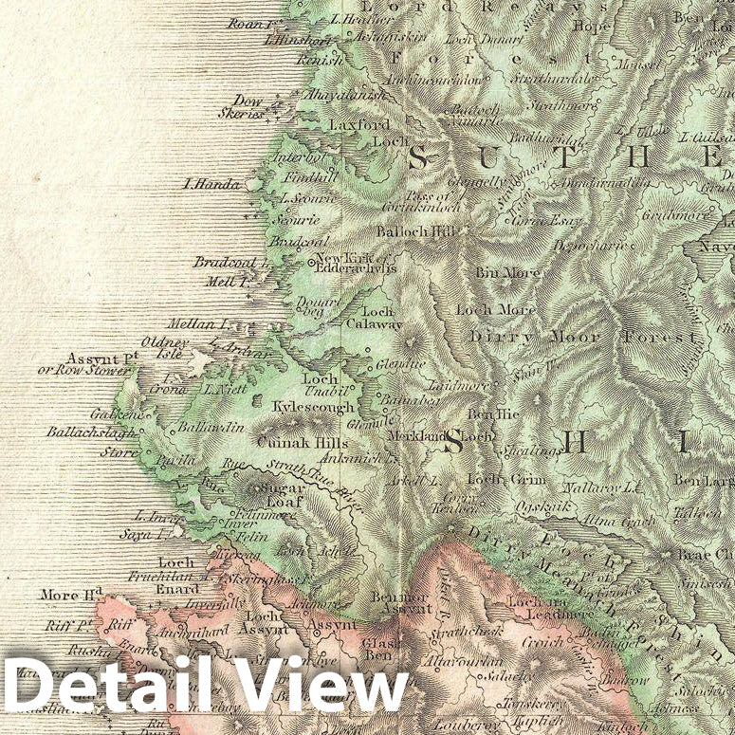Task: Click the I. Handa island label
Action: (212, 185)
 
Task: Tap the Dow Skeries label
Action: (248, 105)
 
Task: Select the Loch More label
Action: (495, 309)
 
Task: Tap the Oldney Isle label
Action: (165, 347)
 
